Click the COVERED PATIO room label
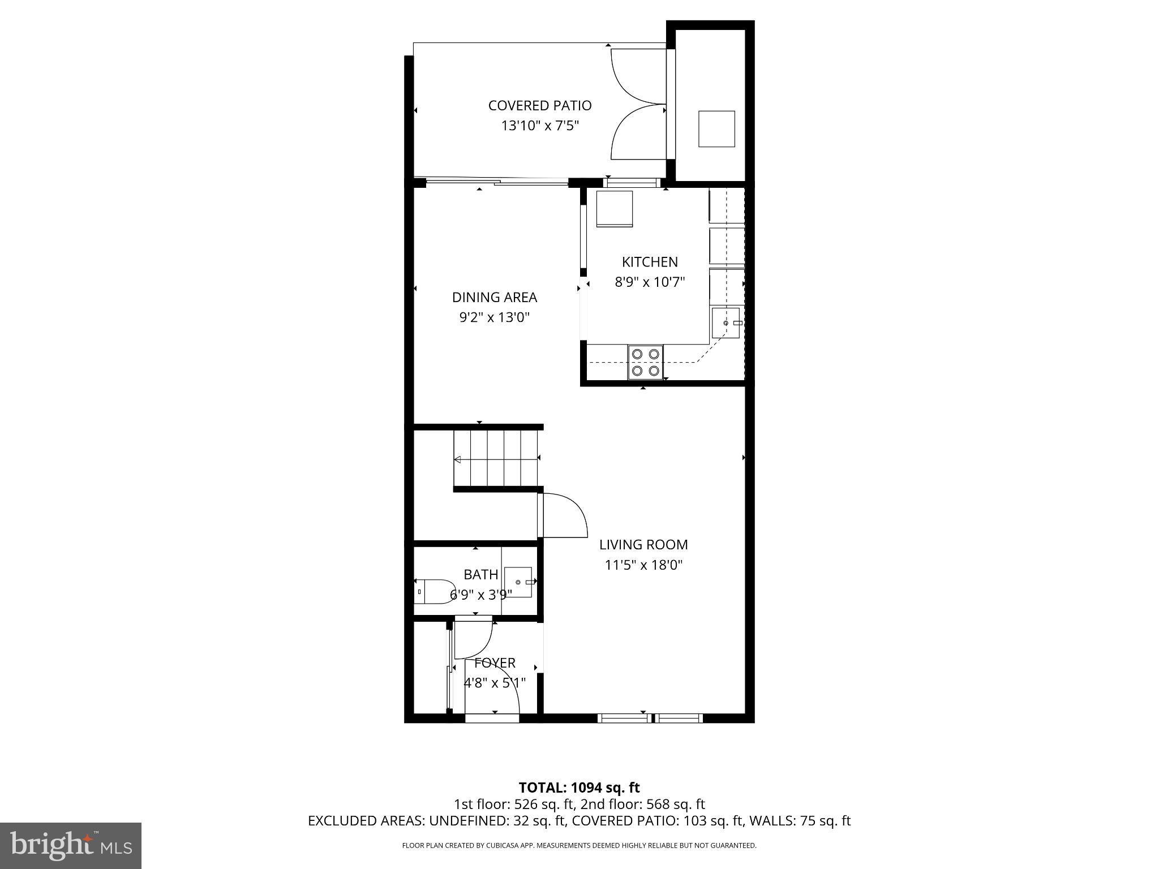click(x=539, y=106)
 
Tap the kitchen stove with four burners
click(x=646, y=362)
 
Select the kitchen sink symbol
click(x=726, y=322)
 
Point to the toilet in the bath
click(x=435, y=591)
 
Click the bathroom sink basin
click(x=518, y=582)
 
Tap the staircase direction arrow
click(x=457, y=459)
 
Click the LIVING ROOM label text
click(x=643, y=544)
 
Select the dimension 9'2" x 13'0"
click(x=494, y=317)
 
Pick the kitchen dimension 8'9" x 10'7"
click(x=650, y=282)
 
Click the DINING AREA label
click(x=494, y=297)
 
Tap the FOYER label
click(x=495, y=662)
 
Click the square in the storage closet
click(x=716, y=129)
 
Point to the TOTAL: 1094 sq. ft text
click(x=579, y=788)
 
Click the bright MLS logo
click(x=71, y=845)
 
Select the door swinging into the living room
click(x=563, y=515)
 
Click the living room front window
click(x=650, y=719)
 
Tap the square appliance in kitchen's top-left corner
click(x=614, y=209)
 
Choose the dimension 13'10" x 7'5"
click(x=539, y=126)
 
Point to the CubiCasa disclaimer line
click(x=579, y=846)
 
